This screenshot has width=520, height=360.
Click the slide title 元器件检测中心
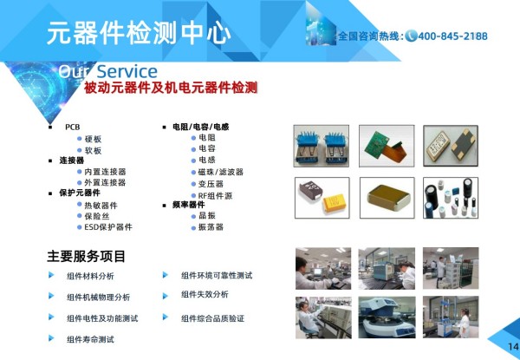pos(139,33)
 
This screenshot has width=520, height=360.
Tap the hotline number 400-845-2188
pos(452,36)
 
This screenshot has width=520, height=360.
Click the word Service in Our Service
pos(127,71)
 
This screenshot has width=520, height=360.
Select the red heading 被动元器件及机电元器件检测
pos(171,88)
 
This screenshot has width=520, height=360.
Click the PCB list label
pos(72,127)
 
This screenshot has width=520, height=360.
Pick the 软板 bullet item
pos(93,151)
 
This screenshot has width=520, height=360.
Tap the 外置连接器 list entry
pos(105,182)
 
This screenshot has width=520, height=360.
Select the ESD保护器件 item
pos(108,227)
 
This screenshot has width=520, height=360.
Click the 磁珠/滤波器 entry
pos(221,172)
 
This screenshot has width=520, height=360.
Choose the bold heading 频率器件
pos(188,205)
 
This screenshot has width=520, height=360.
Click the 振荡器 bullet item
pos(211,227)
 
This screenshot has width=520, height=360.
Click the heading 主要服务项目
pos(86,257)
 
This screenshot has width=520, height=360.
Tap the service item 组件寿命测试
pos(90,339)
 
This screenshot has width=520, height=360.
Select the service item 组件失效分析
pos(205,294)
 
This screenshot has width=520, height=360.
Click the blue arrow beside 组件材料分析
pos(51,275)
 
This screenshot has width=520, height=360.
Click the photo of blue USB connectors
pos(321,146)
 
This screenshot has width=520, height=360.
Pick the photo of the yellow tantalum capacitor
pos(322,198)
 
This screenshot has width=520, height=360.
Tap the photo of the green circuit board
pos(387,146)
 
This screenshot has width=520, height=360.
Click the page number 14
pos(513,347)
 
